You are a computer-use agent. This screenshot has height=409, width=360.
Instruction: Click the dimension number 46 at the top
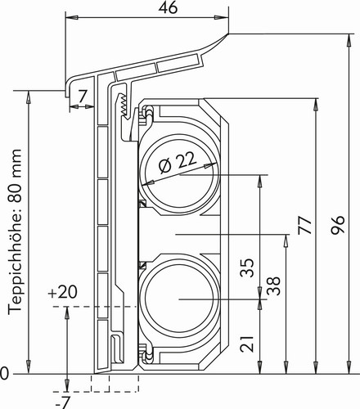(168, 8)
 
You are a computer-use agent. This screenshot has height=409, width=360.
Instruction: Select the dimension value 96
(338, 225)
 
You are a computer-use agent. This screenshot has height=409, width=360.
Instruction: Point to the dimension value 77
(305, 225)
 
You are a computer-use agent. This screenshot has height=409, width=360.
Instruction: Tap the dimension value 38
(273, 285)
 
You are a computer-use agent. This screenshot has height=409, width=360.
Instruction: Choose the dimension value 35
(247, 267)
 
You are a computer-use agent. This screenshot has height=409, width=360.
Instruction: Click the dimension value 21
(247, 344)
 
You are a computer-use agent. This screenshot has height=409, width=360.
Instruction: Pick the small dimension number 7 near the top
(83, 96)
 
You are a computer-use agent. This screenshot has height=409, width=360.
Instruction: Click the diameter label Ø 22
(178, 162)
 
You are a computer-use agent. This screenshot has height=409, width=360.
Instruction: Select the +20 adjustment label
(62, 292)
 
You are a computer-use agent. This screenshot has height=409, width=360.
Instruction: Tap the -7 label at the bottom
(63, 402)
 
